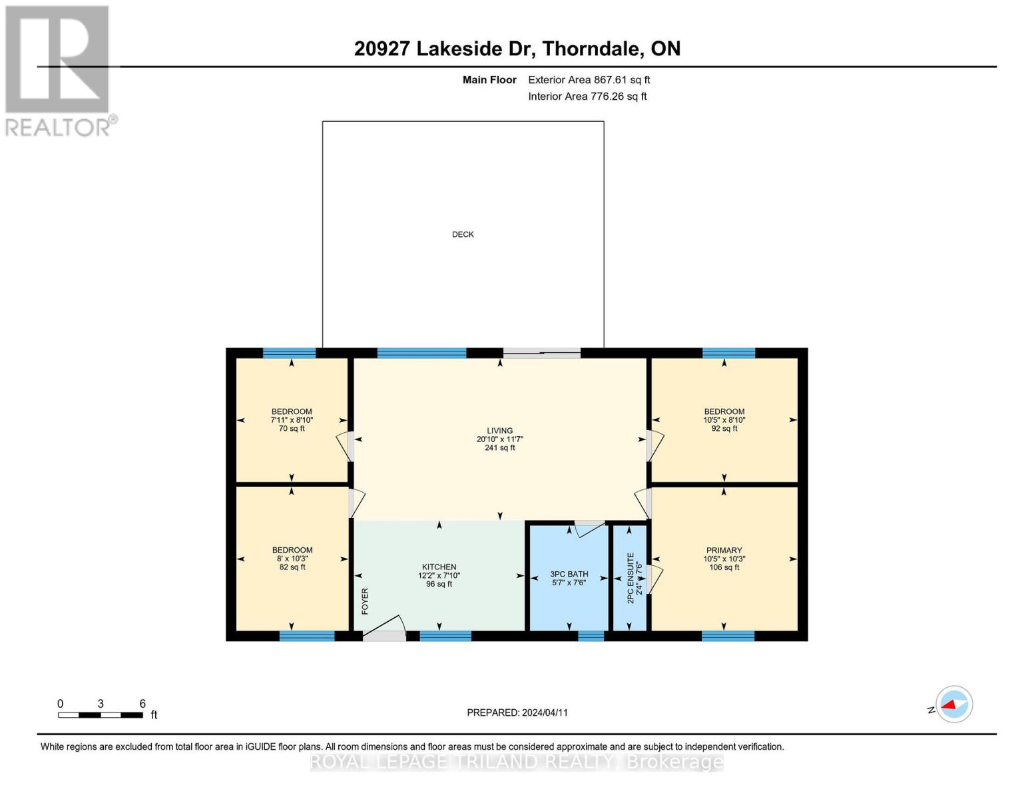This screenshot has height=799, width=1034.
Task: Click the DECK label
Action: tap(463, 234)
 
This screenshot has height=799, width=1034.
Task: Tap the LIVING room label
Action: tap(499, 431)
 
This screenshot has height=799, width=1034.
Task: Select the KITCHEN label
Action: tap(439, 567)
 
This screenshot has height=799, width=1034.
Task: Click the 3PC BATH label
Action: tap(569, 574)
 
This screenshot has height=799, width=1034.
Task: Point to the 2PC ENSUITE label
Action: tap(630, 578)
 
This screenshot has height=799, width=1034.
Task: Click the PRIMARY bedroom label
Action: tap(724, 551)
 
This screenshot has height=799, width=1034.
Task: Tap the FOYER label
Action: tap(365, 601)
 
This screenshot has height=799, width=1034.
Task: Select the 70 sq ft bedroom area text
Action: tap(292, 429)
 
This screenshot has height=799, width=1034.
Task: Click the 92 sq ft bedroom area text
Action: tap(724, 429)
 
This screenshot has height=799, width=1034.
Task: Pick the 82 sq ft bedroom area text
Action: tap(292, 567)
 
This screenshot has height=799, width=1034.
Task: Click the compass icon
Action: tap(953, 704)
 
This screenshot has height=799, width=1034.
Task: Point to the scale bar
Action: tap(101, 715)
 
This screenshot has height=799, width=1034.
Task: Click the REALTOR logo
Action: tap(59, 71)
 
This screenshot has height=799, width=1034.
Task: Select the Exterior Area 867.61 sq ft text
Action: tap(589, 80)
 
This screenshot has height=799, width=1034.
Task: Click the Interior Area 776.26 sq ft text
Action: tap(587, 97)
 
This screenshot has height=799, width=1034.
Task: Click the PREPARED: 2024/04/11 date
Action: tap(517, 712)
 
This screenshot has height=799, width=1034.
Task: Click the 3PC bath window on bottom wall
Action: tap(591, 636)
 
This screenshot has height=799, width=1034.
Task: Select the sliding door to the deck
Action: tap(541, 353)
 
